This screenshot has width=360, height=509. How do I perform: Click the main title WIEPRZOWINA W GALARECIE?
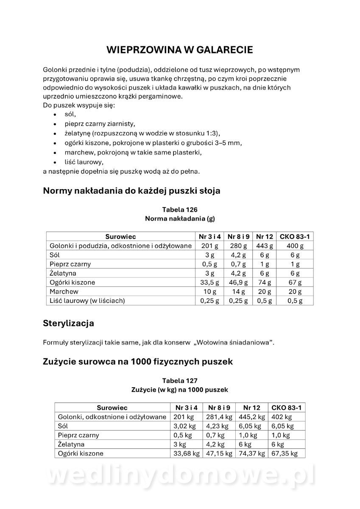(x=179, y=50)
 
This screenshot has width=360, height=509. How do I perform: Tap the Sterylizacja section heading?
(x=68, y=323)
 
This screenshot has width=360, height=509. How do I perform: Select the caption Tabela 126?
(x=180, y=210)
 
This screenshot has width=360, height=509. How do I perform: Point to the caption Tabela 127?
(x=180, y=380)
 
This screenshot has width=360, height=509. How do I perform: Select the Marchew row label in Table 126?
(x=64, y=292)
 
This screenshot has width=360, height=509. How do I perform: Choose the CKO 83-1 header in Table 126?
(x=295, y=237)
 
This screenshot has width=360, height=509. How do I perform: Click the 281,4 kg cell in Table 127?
(x=219, y=417)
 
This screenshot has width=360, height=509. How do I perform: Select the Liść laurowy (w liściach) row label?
(x=87, y=301)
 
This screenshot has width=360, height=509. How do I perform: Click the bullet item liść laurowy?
(x=84, y=162)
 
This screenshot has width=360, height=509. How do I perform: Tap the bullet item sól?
(x=70, y=115)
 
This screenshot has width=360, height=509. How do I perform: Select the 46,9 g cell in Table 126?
(x=239, y=282)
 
